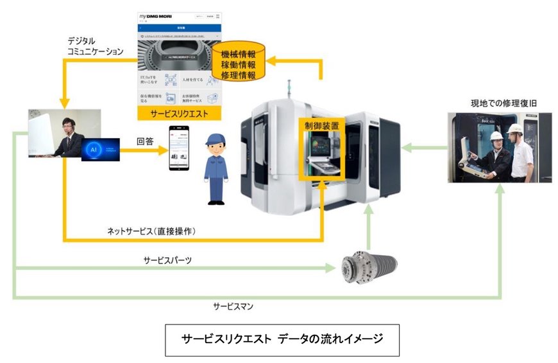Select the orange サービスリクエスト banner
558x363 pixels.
point(180,112)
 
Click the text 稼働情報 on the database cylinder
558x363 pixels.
point(239,65)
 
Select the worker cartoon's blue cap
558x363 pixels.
point(216,139)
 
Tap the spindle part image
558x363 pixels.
point(368,265)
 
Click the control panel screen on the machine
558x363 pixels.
point(319,147)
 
